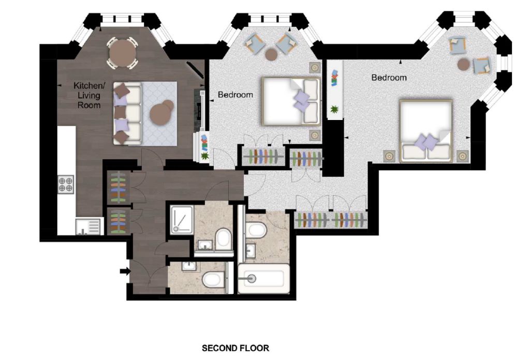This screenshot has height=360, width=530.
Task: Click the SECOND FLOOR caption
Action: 235,348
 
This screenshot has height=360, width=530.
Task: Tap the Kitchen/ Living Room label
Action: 89,95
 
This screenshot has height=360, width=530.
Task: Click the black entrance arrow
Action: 125,271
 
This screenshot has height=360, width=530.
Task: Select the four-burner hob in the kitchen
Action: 66,184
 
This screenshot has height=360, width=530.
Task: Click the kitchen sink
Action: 89,226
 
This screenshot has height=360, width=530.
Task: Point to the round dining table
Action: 122,53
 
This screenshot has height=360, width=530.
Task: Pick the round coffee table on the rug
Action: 162,111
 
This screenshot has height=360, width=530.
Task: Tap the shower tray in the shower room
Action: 182,219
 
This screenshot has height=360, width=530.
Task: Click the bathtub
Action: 263,279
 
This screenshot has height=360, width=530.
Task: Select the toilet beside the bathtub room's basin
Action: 256,230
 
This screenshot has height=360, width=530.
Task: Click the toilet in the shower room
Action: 224,238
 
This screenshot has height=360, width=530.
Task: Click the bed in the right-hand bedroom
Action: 426,130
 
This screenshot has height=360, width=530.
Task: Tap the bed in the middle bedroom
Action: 291,101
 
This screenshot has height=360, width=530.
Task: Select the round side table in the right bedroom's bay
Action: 463,64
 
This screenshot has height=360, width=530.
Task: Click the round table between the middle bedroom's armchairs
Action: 271,54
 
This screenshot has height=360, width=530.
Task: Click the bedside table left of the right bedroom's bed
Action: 389,156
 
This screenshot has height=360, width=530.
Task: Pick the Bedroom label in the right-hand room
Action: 389,78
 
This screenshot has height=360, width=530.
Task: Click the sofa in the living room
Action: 127,114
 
